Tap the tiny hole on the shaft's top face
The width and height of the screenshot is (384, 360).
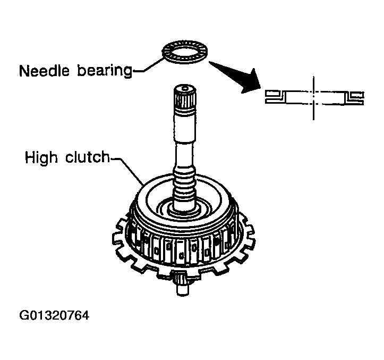point(183,87)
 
